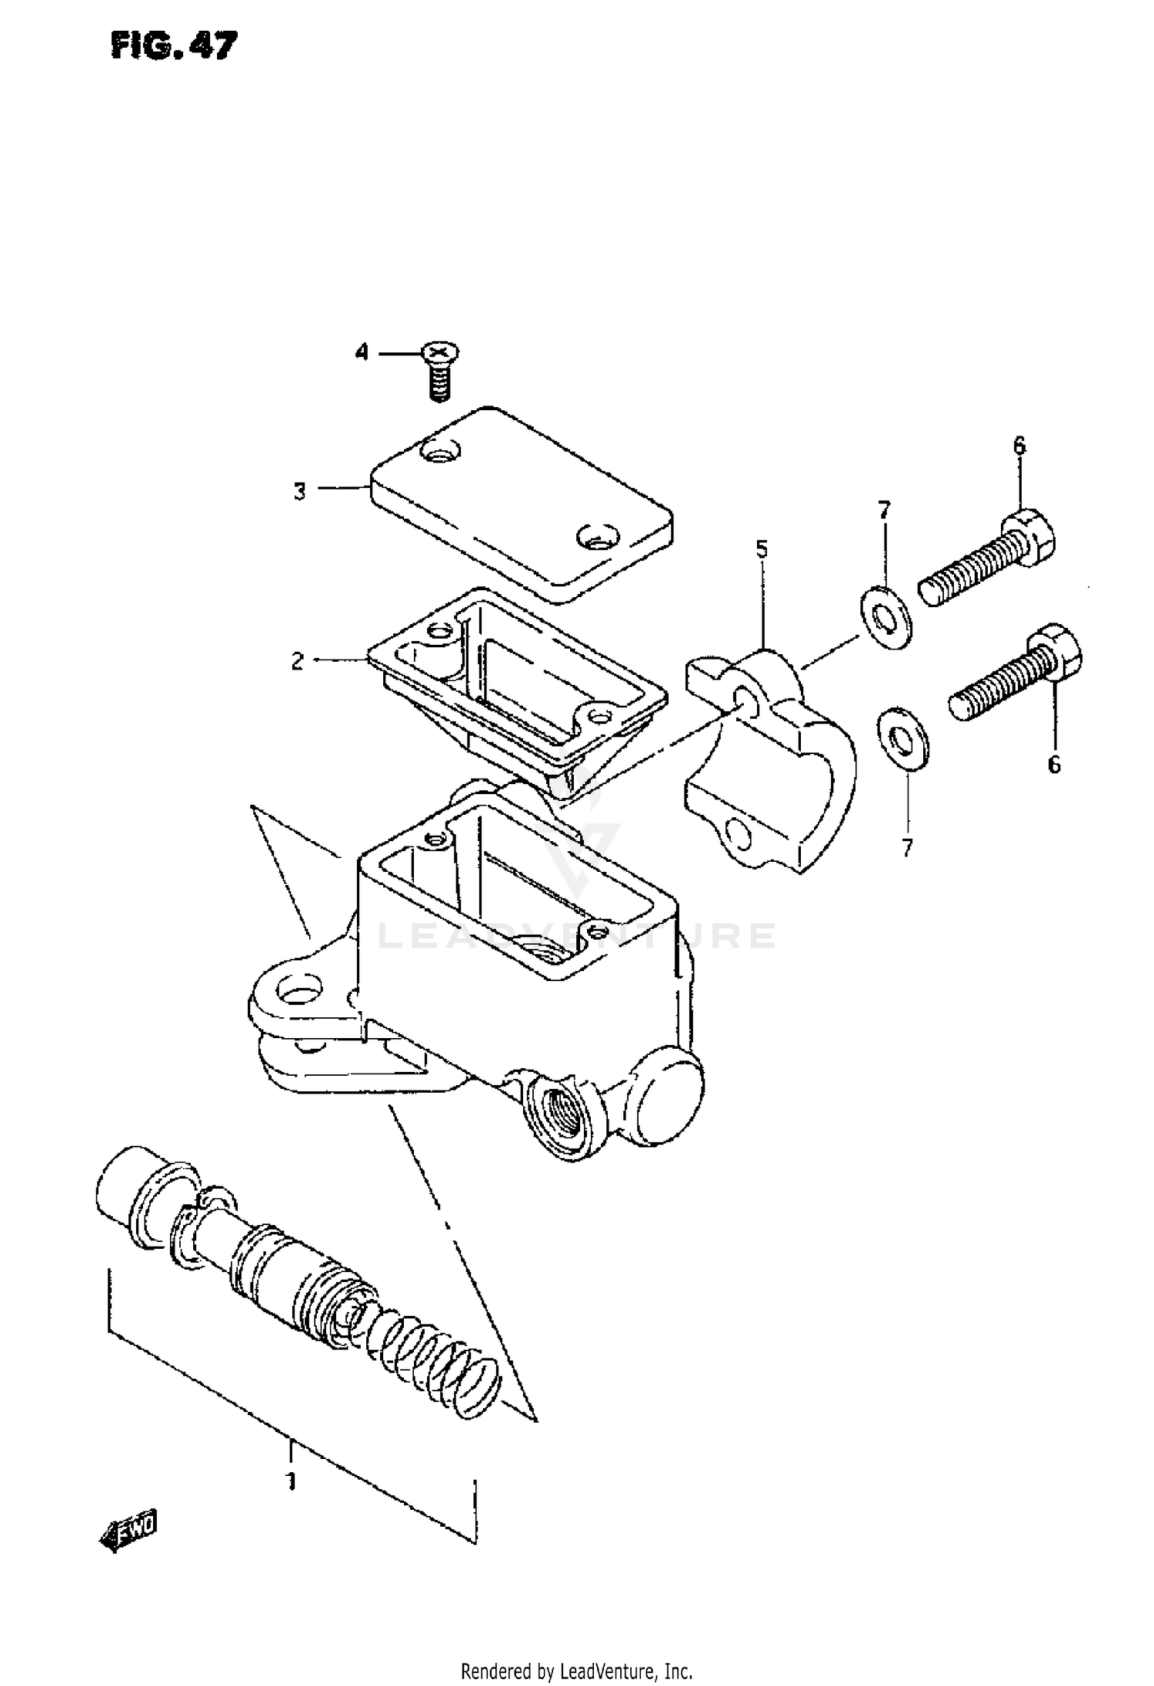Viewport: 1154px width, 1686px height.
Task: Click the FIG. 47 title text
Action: (174, 47)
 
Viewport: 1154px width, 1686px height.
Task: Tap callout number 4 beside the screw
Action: (362, 353)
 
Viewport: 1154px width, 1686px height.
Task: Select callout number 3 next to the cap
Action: (300, 490)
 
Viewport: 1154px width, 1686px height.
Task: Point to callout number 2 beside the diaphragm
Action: (298, 661)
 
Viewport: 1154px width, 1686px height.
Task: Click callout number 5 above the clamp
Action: (761, 549)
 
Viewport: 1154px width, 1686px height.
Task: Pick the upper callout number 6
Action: (1019, 446)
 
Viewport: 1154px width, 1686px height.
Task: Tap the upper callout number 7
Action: (884, 509)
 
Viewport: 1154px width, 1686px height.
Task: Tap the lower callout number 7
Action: (907, 848)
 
